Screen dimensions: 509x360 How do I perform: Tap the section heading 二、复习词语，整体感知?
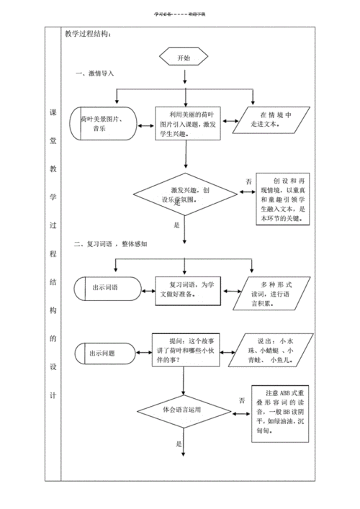(112, 244)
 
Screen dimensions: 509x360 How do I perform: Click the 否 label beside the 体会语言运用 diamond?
(243, 400)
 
